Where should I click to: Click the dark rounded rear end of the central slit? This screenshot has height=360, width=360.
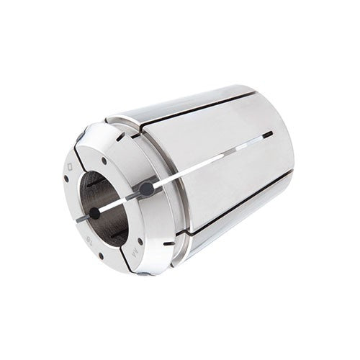coord(268,134)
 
